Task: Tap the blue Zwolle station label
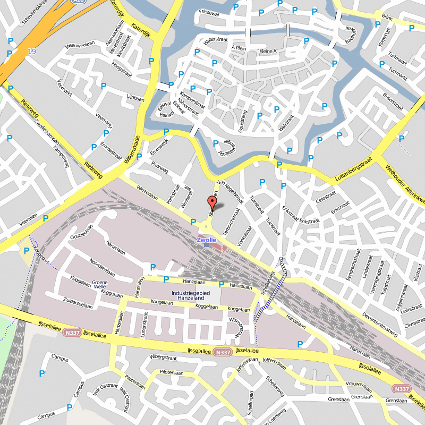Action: click(207, 240)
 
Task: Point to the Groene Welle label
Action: click(100, 284)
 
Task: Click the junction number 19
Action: click(32, 52)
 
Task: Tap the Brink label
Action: click(386, 18)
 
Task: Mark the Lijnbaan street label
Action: click(135, 99)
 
